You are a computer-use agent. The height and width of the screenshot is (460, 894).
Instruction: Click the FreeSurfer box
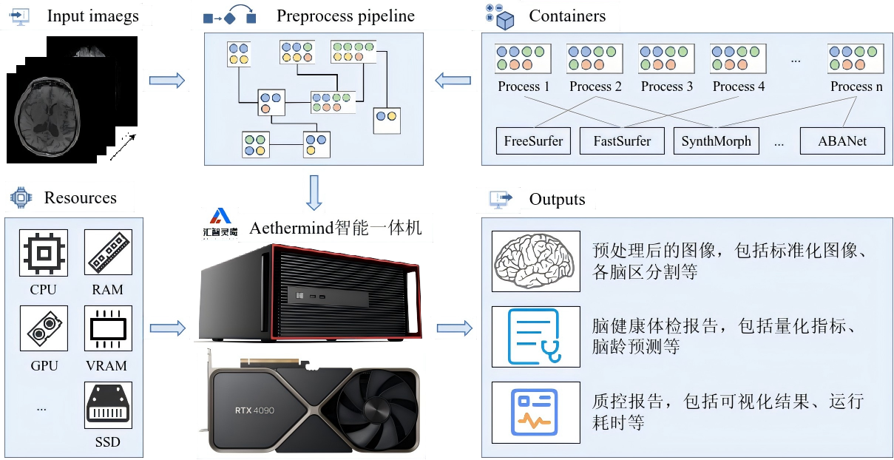click(x=534, y=141)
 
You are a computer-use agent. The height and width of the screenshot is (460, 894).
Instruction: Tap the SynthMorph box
click(x=716, y=141)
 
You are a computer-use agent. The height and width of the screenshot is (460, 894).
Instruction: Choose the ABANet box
click(x=842, y=141)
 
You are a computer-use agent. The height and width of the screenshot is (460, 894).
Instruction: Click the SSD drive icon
click(x=108, y=405)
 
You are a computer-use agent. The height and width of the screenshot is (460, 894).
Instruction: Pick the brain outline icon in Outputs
click(x=535, y=261)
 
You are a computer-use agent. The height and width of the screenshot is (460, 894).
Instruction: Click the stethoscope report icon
click(x=535, y=336)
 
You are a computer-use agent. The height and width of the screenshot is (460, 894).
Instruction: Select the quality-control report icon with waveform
click(x=535, y=412)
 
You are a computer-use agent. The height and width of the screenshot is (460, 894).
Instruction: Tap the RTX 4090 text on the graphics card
click(x=255, y=410)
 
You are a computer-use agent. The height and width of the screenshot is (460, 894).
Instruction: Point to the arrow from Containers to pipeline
click(x=452, y=80)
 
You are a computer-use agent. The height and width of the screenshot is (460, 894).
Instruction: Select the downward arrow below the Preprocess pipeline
click(x=314, y=192)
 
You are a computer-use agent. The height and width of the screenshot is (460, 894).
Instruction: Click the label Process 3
click(x=667, y=87)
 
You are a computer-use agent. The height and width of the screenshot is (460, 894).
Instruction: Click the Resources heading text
click(x=80, y=198)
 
